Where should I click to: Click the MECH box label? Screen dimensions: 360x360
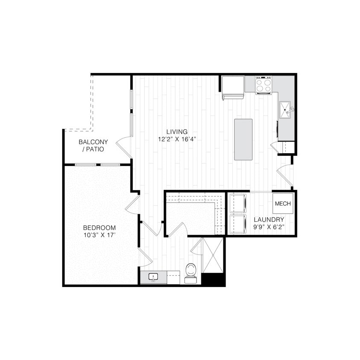[283, 203]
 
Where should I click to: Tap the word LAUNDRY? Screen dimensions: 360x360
[269, 220]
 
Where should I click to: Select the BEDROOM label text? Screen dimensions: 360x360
[99, 228]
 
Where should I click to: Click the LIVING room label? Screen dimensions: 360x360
[177, 132]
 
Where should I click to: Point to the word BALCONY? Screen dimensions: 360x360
[93, 142]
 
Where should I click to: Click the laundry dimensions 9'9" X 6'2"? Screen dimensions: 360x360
[269, 227]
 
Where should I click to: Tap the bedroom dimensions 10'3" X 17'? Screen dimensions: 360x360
[99, 235]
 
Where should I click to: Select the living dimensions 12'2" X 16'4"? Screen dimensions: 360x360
[177, 139]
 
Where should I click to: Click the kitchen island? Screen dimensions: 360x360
[243, 139]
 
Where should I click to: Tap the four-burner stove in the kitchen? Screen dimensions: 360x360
[264, 84]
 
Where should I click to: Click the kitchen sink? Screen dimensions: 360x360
[285, 110]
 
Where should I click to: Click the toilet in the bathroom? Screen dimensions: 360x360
[191, 272]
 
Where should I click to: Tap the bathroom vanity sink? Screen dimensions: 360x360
[153, 278]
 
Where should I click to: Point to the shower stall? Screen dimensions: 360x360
[213, 255]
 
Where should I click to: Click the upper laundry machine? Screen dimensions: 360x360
[238, 203]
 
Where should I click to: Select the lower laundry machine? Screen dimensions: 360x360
[238, 224]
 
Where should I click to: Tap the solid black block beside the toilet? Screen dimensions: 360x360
[213, 279]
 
